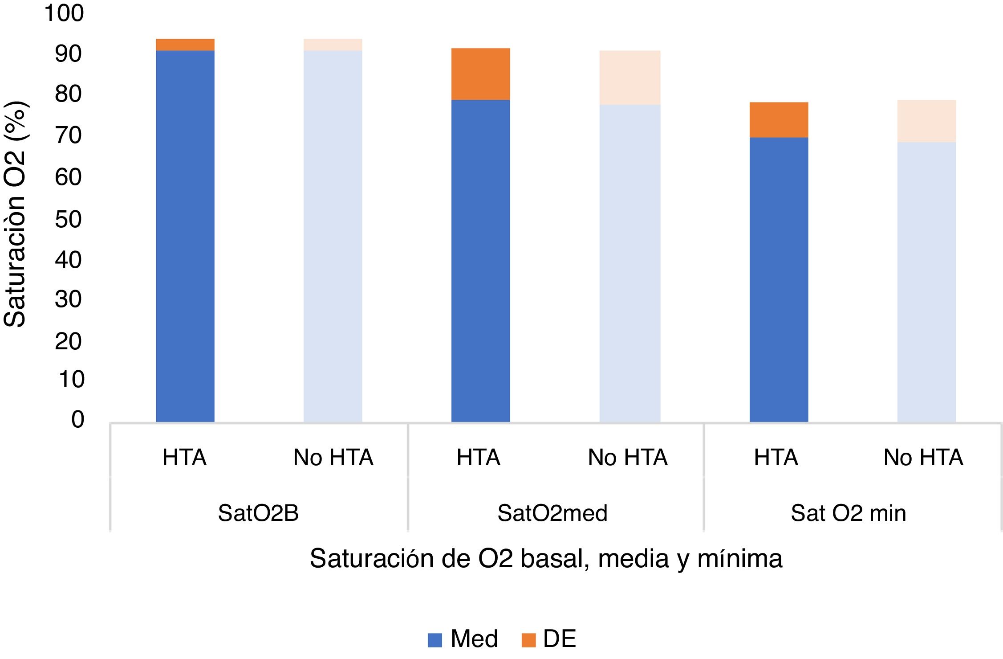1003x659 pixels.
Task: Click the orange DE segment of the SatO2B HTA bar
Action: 185,45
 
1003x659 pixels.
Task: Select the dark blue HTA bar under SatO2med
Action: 480,261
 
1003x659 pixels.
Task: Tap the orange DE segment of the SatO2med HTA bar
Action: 480,74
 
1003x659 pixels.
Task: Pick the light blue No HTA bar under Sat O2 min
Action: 926,282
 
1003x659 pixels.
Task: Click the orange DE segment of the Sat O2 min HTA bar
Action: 779,120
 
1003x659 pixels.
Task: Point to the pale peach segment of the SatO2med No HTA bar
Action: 629,78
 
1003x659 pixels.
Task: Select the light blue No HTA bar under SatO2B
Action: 333,236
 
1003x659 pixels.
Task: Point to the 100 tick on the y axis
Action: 64,13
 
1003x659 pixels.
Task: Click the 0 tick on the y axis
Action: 77,419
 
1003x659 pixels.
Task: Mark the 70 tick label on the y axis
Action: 68,135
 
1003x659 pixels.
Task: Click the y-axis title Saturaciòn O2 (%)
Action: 15,214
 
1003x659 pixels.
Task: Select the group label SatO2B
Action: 258,513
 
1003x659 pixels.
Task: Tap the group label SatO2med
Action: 552,513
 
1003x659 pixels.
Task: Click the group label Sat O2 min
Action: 848,513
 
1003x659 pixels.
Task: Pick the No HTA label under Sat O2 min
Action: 923,458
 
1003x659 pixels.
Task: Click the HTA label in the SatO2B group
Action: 184,458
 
